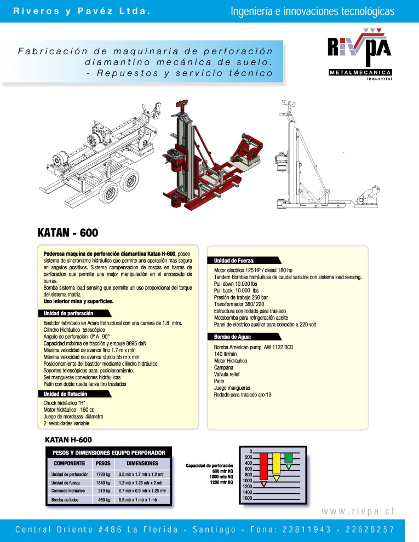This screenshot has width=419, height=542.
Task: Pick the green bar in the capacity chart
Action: pos(289,458)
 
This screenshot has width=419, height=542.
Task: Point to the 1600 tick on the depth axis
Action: pos(247,499)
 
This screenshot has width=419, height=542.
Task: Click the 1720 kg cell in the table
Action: pos(103,474)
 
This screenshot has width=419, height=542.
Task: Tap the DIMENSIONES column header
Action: pos(142,463)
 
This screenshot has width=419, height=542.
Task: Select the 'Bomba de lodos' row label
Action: pos(62,500)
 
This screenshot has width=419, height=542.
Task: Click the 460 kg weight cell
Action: pos(104,500)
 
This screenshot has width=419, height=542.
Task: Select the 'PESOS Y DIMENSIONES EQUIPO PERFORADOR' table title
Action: pos(108,453)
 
